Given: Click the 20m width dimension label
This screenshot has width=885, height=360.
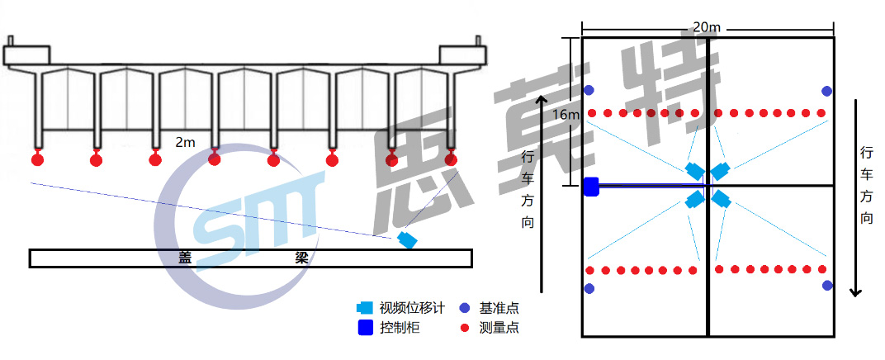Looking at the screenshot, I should pos(707,27).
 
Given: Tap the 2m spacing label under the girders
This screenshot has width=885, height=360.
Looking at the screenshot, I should pos(185,142).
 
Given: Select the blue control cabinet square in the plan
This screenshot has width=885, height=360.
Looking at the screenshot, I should pos(591,187).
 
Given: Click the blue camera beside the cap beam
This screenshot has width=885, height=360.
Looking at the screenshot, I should pos(407,240).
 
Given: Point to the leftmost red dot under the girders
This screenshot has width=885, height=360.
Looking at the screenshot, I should pos(37,159).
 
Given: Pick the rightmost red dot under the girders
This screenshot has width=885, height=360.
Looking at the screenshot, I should pos(451,159).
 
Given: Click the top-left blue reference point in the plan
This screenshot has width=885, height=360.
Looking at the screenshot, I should pos(589,90).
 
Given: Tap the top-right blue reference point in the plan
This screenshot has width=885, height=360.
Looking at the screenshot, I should pos(826,91).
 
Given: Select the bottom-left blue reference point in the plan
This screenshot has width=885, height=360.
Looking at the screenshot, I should pos(589,288).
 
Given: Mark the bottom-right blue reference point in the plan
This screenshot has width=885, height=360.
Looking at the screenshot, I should pos(827,286).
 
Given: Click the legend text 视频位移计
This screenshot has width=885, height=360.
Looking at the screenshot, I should pos(411,308).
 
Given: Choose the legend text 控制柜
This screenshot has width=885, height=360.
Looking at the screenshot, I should pos(400,328).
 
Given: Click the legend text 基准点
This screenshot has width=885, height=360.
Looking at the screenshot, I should pos(499,308).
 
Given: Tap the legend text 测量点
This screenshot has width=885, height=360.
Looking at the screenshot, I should pos(499,328).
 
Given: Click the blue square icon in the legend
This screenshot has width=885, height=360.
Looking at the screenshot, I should pos(364,328).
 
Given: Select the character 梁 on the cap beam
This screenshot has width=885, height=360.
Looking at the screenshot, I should pos(302,258).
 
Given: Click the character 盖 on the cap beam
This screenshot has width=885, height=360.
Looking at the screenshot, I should pos(185,258).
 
